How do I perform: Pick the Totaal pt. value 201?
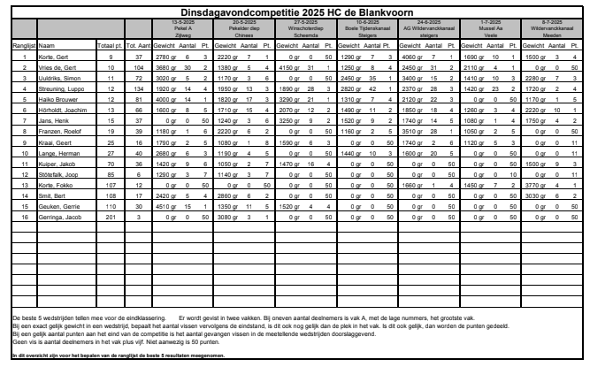tap(110, 216)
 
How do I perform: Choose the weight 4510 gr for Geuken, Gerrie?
tap(167, 205)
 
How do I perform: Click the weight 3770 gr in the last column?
tap(535, 184)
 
